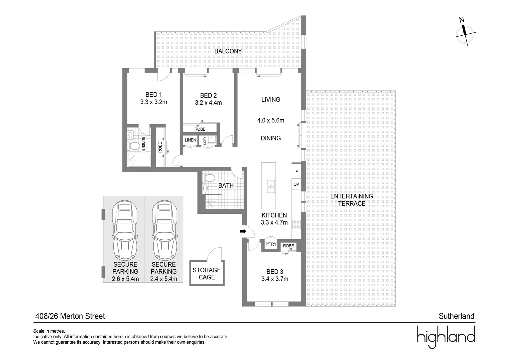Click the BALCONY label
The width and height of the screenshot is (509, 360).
tap(228, 51)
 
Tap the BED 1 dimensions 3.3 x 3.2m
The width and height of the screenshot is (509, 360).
tap(154, 102)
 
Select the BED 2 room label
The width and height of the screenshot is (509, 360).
tap(208, 96)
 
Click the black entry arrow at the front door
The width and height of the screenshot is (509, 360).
tap(243, 231)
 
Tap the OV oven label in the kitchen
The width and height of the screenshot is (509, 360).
tap(296, 184)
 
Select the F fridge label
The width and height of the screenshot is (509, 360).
tap(296, 172)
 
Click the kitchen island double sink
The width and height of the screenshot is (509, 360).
tap(271, 187)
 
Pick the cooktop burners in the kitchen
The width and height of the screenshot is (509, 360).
tap(296, 224)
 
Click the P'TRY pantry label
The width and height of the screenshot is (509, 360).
tap(271, 244)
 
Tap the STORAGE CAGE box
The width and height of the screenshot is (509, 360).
tap(207, 273)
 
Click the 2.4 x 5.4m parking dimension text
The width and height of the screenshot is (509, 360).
tap(164, 279)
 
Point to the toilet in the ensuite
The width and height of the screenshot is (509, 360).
tap(135, 146)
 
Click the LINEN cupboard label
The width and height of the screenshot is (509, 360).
tap(191, 140)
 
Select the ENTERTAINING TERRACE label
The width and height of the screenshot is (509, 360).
tap(352, 200)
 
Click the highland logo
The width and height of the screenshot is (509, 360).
tap(446, 337)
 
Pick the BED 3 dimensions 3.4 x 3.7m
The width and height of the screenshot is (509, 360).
tap(275, 279)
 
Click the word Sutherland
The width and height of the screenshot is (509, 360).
tap(456, 316)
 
